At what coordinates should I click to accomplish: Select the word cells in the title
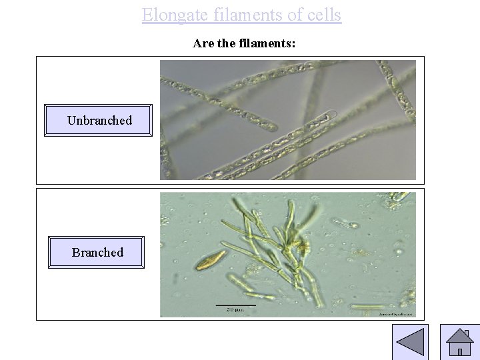(323, 15)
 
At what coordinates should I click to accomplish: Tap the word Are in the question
(203, 43)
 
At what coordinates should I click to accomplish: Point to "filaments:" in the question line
(271, 43)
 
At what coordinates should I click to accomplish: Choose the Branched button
(97, 252)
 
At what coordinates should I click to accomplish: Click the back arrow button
(410, 343)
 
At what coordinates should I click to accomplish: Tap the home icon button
(459, 343)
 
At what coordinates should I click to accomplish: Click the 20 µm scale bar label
(235, 310)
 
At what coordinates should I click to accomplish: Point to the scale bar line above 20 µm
(235, 305)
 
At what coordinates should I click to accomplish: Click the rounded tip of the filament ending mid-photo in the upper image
(331, 115)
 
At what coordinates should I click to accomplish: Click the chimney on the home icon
(467, 333)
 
